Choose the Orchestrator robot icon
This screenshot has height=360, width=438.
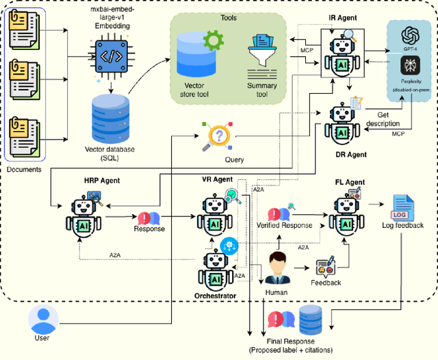click(216, 271)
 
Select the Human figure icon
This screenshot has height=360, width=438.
click(277, 268)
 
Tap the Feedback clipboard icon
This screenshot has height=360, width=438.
click(324, 267)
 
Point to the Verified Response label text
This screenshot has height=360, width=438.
click(284, 225)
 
